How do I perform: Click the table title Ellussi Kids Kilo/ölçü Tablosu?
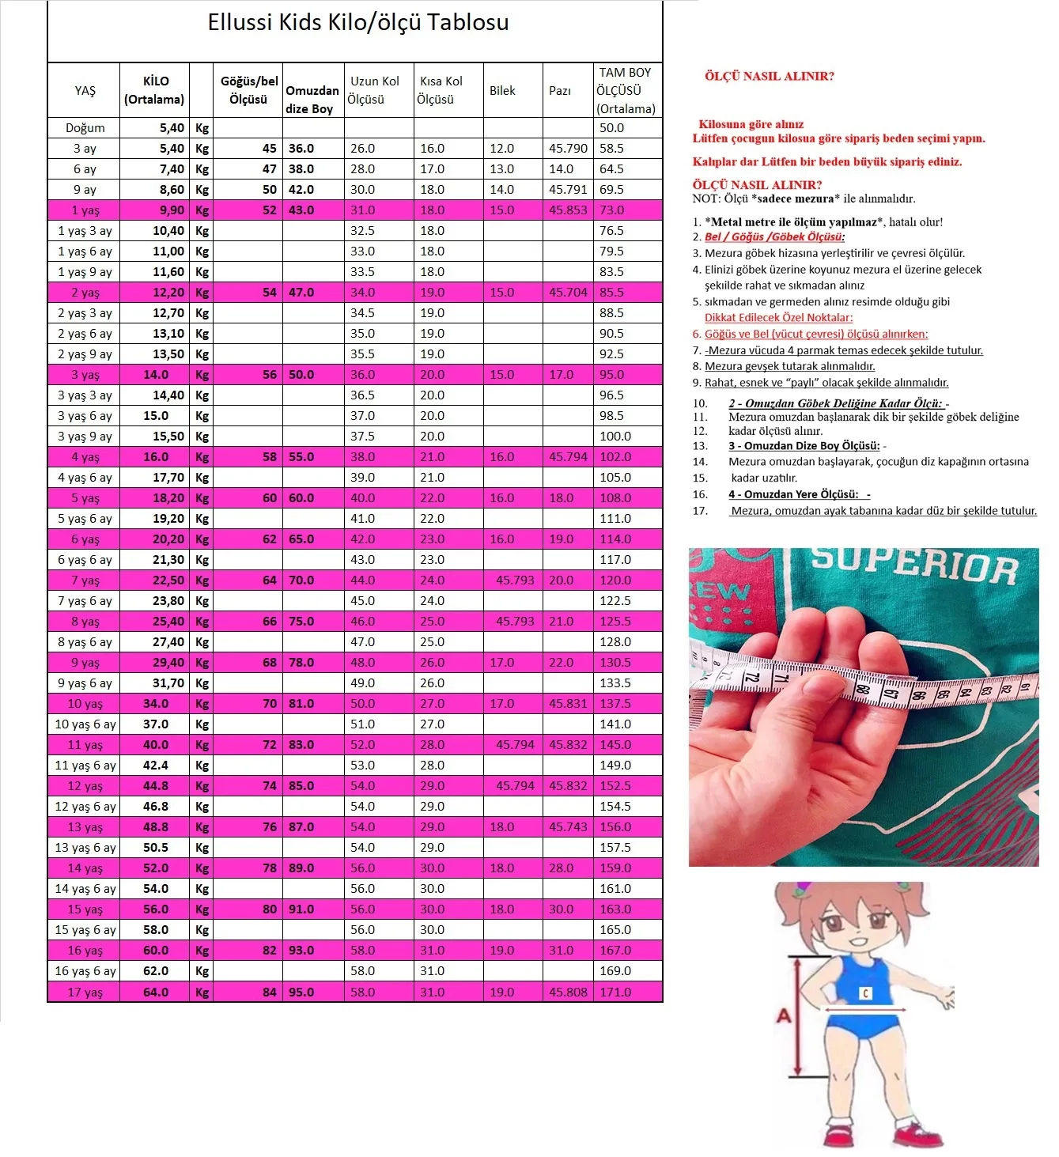pyautogui.click(x=357, y=22)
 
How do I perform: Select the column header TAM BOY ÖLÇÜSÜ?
pyautogui.click(x=626, y=90)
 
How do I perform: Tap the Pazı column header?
pyautogui.click(x=560, y=91)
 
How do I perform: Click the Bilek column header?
pyautogui.click(x=502, y=91)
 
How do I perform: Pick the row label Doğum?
pyautogui.click(x=85, y=128)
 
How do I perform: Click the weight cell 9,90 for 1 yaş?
pyautogui.click(x=172, y=210)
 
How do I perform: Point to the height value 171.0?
pyautogui.click(x=615, y=992)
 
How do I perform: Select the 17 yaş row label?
pyautogui.click(x=85, y=992)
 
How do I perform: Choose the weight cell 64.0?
pyautogui.click(x=156, y=992)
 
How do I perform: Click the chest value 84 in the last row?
pyautogui.click(x=270, y=992)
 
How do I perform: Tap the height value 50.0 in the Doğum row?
pyautogui.click(x=611, y=128)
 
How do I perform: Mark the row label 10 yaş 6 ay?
pyautogui.click(x=85, y=724)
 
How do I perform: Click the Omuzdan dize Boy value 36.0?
pyautogui.click(x=301, y=149)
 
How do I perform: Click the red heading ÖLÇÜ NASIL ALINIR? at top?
pyautogui.click(x=769, y=77)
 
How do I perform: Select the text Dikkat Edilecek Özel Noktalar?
pyautogui.click(x=778, y=318)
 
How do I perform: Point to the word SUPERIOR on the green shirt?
pyautogui.click(x=913, y=565)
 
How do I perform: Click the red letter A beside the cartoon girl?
pyautogui.click(x=783, y=1015)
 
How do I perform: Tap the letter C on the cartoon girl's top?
pyautogui.click(x=865, y=993)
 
